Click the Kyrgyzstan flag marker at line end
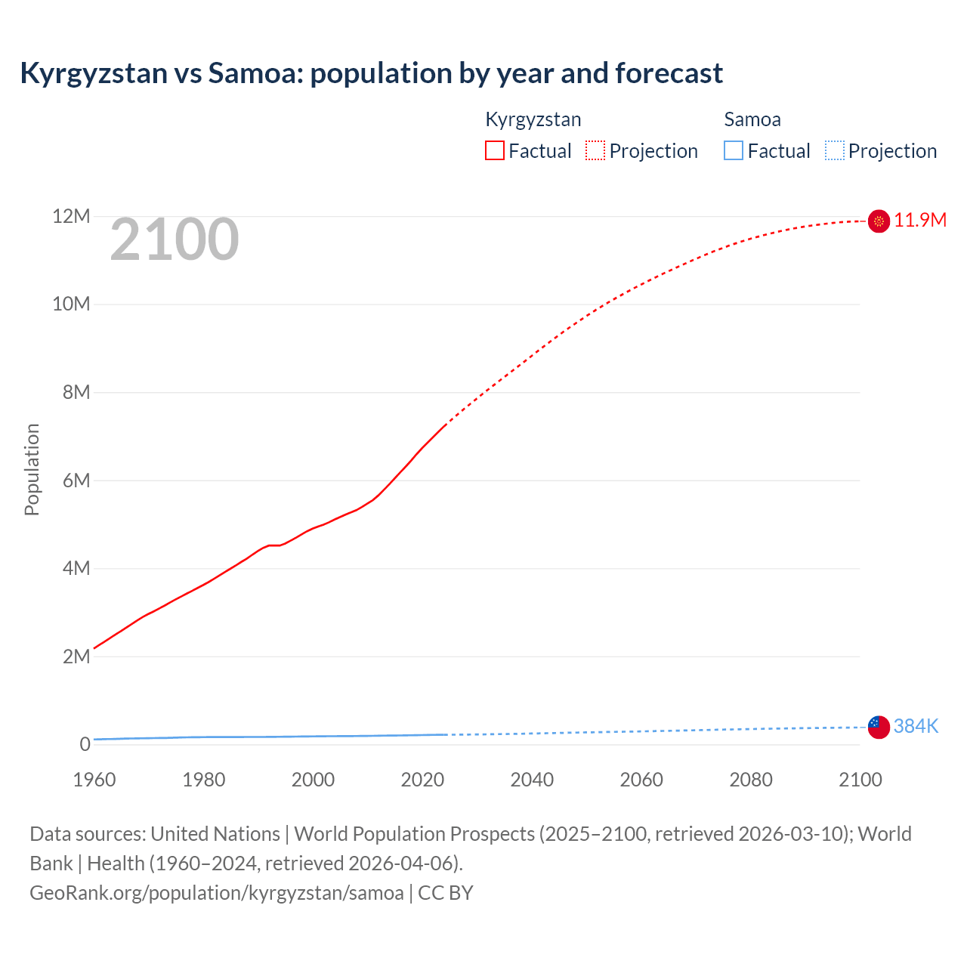click(879, 221)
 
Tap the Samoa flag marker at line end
click(879, 727)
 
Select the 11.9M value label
click(920, 220)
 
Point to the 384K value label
click(916, 726)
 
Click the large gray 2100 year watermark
click(175, 239)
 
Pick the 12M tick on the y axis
click(71, 216)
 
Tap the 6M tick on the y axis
click(76, 480)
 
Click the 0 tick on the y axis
click(85, 744)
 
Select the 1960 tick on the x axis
click(94, 780)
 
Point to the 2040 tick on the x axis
click(532, 780)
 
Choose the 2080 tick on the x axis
click(751, 780)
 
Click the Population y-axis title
click(32, 469)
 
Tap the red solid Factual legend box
click(495, 150)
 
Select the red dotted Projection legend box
click(595, 150)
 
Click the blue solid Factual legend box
click(734, 150)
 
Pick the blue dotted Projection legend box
click(835, 150)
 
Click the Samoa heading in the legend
click(752, 119)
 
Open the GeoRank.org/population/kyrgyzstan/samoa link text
click(217, 892)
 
